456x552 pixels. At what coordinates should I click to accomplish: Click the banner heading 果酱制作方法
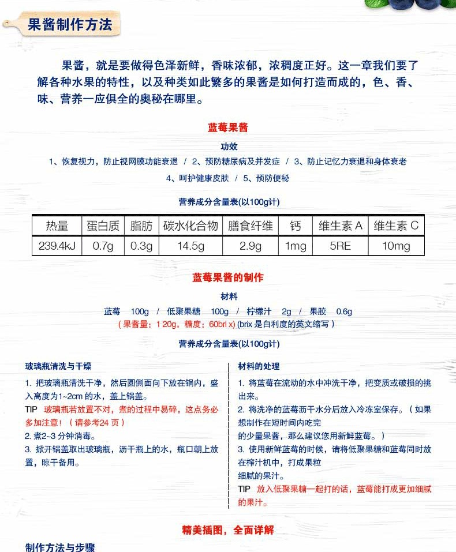pos(70,26)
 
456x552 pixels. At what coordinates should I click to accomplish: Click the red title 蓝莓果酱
pos(228,127)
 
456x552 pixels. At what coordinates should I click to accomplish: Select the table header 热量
pos(57,226)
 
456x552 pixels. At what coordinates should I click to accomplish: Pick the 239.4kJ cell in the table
pos(57,246)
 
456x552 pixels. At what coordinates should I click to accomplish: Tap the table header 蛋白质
pos(103,226)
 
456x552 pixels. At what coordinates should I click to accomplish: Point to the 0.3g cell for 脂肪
pos(141,246)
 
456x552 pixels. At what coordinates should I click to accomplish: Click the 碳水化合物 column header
pos(190,226)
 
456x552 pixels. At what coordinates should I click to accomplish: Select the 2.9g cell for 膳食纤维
pos(251,246)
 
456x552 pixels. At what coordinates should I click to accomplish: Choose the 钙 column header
pos(296,226)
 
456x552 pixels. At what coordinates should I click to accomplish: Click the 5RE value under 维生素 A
pos(340,246)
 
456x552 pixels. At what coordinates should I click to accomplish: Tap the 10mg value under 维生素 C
pos(396,246)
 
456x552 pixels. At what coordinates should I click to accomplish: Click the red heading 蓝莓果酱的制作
pos(228,277)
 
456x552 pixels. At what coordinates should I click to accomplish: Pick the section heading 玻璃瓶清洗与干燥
pos(58,366)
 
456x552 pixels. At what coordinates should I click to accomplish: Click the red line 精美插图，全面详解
pos(228,530)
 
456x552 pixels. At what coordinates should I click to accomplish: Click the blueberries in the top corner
pos(413,5)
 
